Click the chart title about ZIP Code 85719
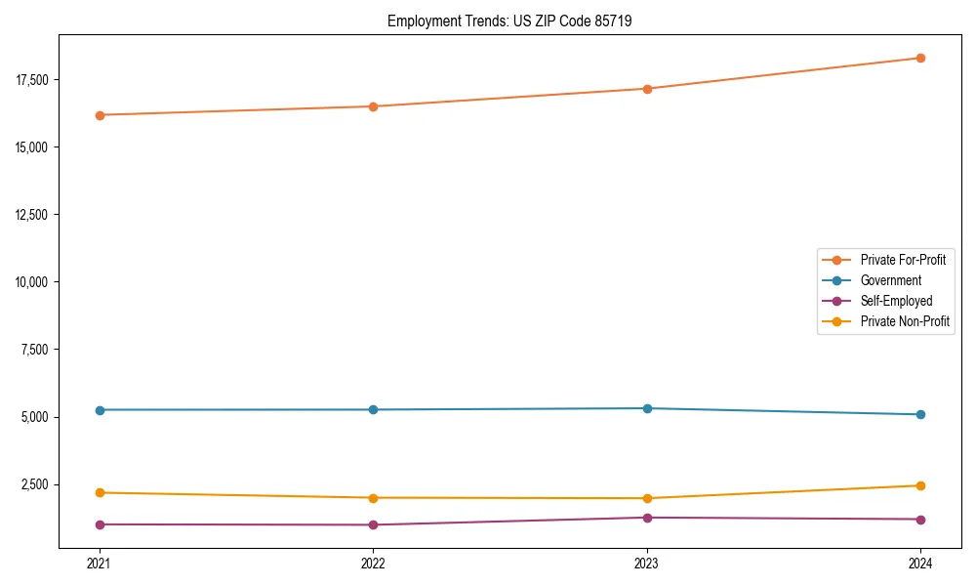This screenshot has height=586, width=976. [x=509, y=21]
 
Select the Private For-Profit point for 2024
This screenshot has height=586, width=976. [x=920, y=58]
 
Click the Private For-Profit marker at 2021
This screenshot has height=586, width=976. [x=100, y=115]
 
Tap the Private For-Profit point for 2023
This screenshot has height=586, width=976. [x=647, y=89]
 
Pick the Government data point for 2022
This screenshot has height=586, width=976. [x=373, y=409]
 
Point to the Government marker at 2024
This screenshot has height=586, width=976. [x=920, y=414]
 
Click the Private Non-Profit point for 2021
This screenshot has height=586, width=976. [x=100, y=492]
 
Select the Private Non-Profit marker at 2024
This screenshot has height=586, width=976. [x=920, y=485]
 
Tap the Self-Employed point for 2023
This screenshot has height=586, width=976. [x=647, y=518]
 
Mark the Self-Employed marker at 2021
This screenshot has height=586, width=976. [x=100, y=524]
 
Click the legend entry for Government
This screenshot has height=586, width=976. [x=890, y=280]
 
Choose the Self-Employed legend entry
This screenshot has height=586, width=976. [x=896, y=301]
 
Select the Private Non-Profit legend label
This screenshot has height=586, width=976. [x=905, y=321]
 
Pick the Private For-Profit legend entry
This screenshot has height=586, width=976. [x=903, y=260]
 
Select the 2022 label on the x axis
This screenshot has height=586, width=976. [x=373, y=563]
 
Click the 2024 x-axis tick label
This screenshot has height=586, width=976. [x=920, y=563]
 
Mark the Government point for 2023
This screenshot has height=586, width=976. [x=647, y=408]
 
